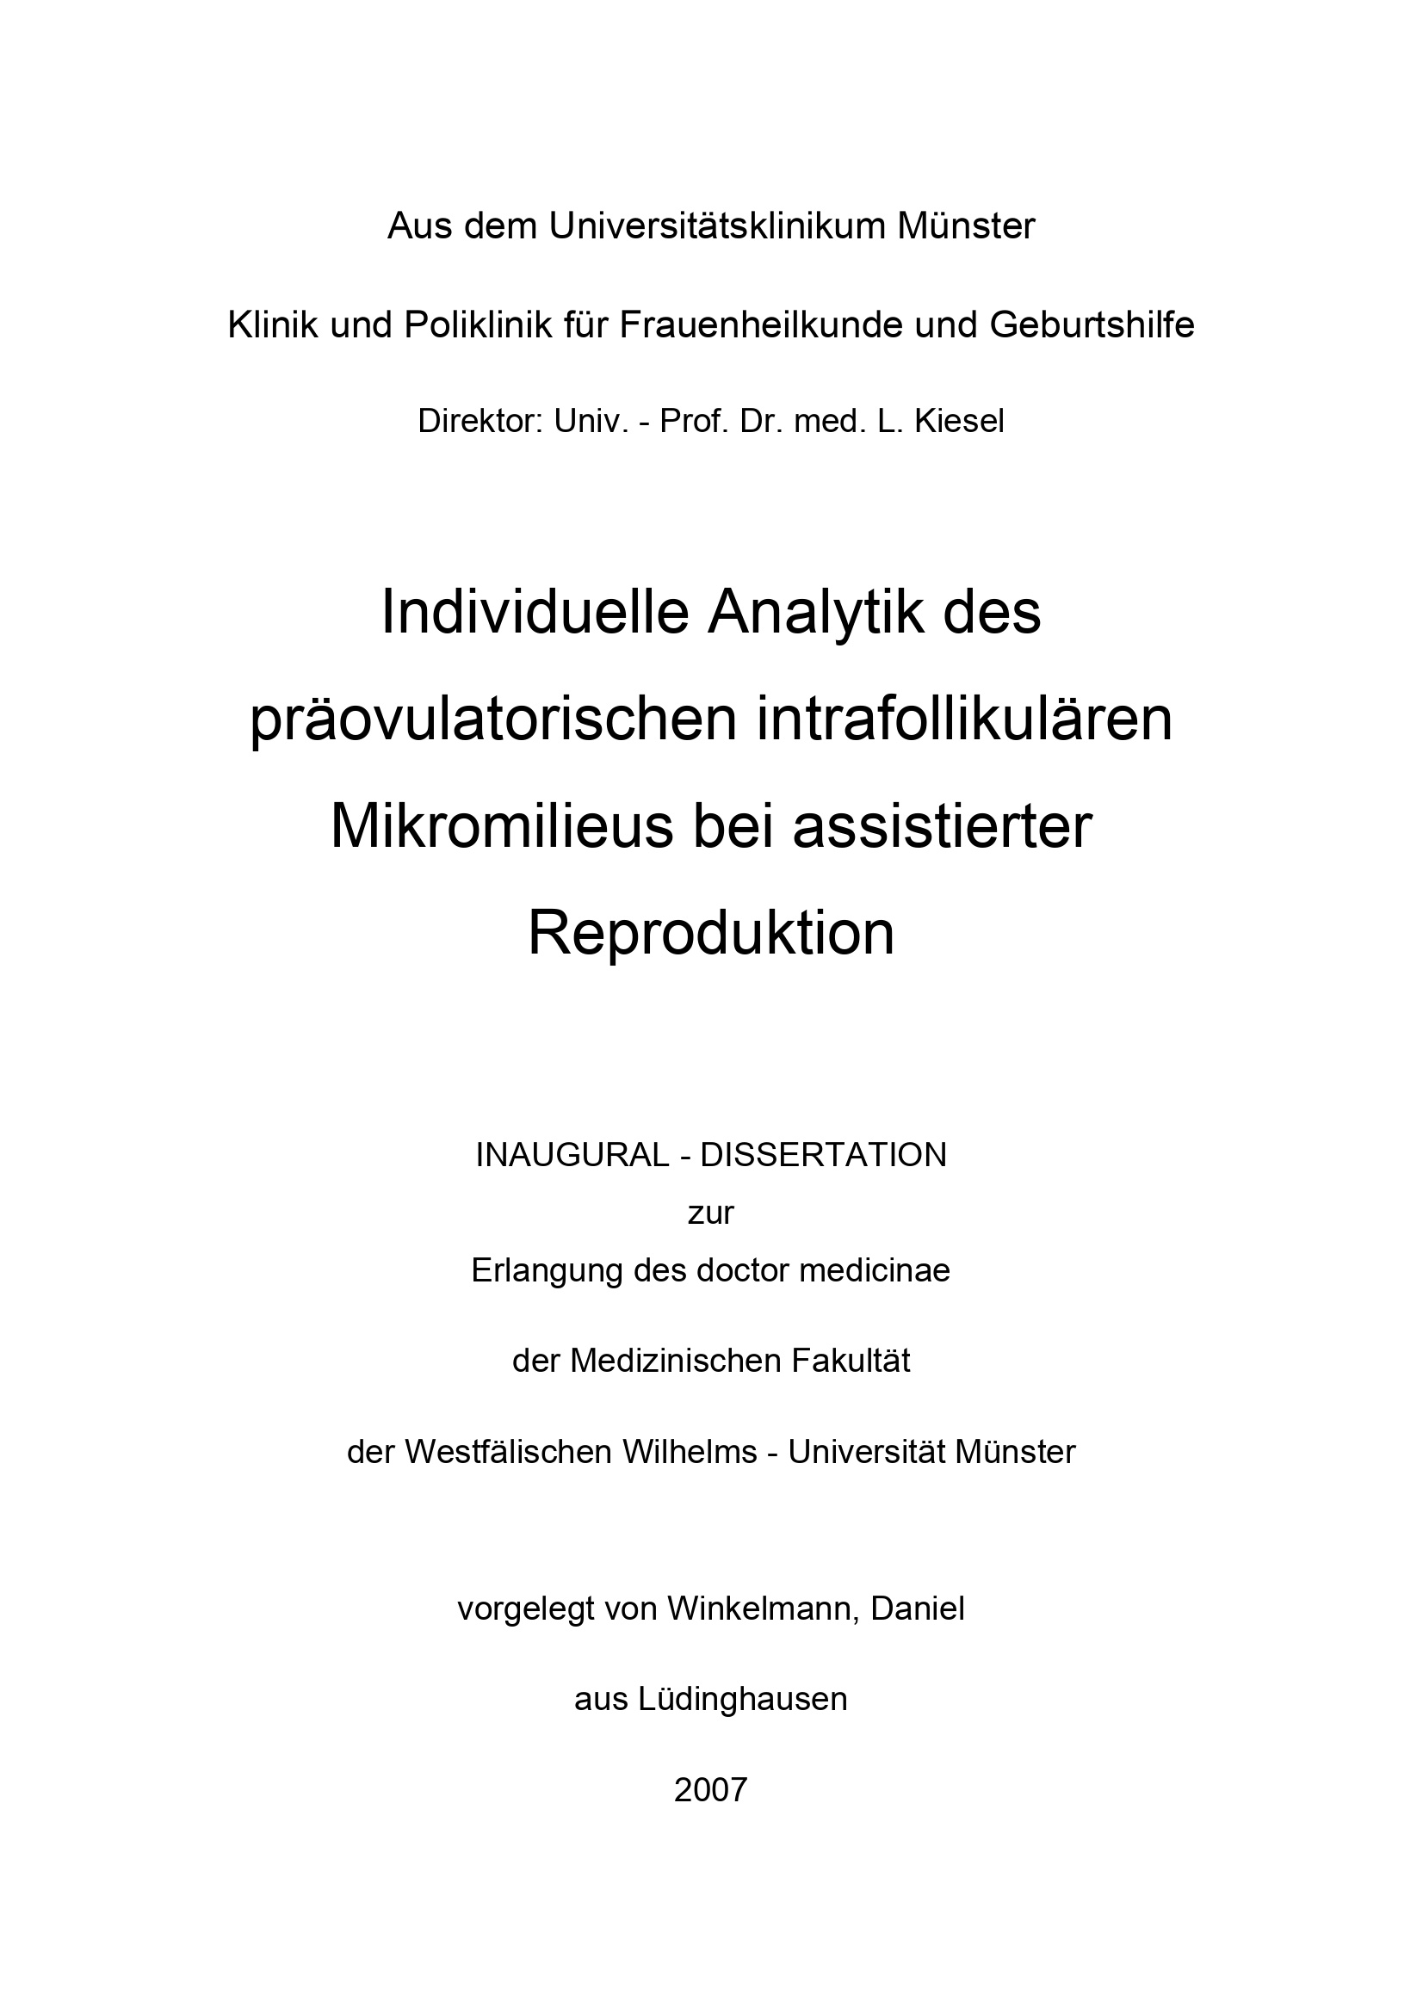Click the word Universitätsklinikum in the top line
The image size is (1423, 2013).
click(x=717, y=227)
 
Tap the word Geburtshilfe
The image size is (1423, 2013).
click(x=1092, y=326)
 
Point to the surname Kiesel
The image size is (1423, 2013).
click(x=959, y=422)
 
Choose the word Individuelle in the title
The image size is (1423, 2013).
click(x=535, y=613)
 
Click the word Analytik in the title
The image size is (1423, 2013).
click(x=814, y=613)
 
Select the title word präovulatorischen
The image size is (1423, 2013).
click(x=492, y=720)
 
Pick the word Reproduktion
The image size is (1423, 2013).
click(x=711, y=934)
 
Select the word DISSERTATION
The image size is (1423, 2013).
click(x=823, y=1156)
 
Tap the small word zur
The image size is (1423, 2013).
click(x=710, y=1213)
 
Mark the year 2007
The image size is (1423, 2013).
click(x=710, y=1790)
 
